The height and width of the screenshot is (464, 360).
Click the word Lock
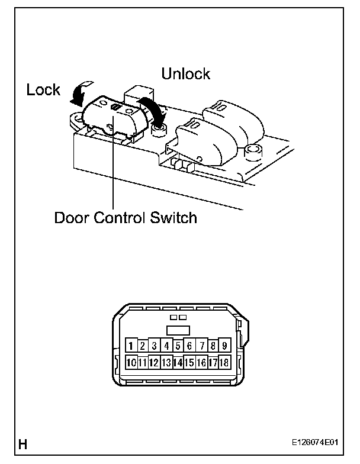(x=44, y=89)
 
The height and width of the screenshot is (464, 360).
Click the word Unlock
(x=186, y=74)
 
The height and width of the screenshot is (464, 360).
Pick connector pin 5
(x=178, y=346)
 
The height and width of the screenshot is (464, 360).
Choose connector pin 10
(x=131, y=362)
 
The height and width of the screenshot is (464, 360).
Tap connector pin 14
(x=178, y=362)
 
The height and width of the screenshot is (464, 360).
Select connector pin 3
(x=155, y=346)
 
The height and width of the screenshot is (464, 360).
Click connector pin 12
(x=155, y=362)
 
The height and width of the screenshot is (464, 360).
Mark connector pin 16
(x=201, y=362)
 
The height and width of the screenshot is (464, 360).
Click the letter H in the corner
(x=24, y=443)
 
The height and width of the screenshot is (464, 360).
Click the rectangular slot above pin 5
(x=178, y=330)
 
